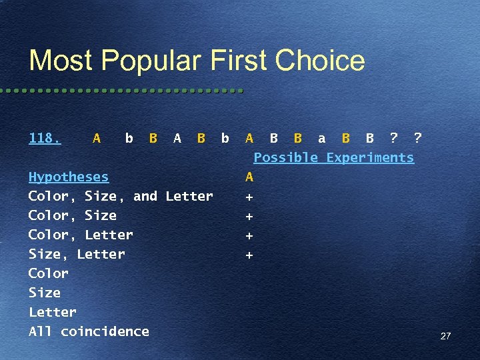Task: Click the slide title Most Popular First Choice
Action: coord(197,61)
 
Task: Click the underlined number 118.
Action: coord(45,138)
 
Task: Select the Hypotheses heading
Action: coord(68,177)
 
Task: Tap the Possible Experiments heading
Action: coord(333,157)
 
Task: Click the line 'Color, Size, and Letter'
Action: coord(121,196)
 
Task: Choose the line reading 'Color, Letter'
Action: coord(81,235)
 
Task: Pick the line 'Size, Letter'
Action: coord(77,254)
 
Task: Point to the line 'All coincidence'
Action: coord(89,331)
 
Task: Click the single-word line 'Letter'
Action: coord(53,312)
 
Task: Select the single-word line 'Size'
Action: coord(45,293)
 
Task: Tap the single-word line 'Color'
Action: coord(49,273)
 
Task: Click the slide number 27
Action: coord(445,336)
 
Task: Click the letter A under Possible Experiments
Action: coord(249,177)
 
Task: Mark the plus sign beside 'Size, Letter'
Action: coord(249,255)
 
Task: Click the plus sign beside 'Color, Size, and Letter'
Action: coord(249,197)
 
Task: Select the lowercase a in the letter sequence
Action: coord(322,138)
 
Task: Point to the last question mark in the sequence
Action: coord(417,138)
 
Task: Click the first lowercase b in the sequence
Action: coord(129,138)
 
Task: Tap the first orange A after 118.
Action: coord(97,138)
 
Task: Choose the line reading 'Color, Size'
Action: coord(72,215)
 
